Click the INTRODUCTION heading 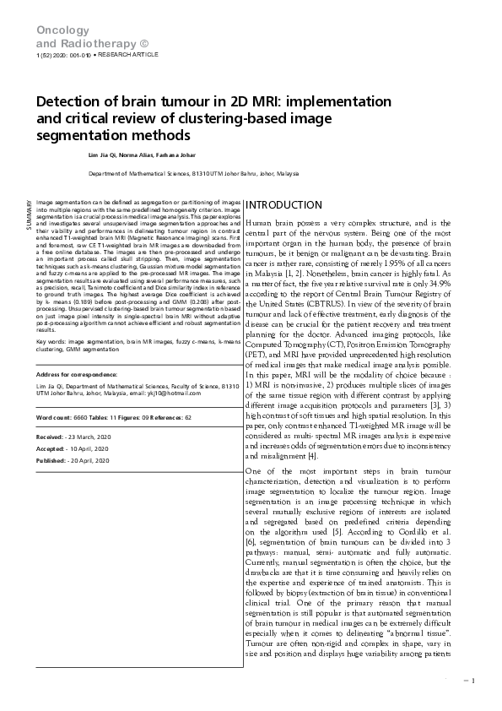(283, 205)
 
